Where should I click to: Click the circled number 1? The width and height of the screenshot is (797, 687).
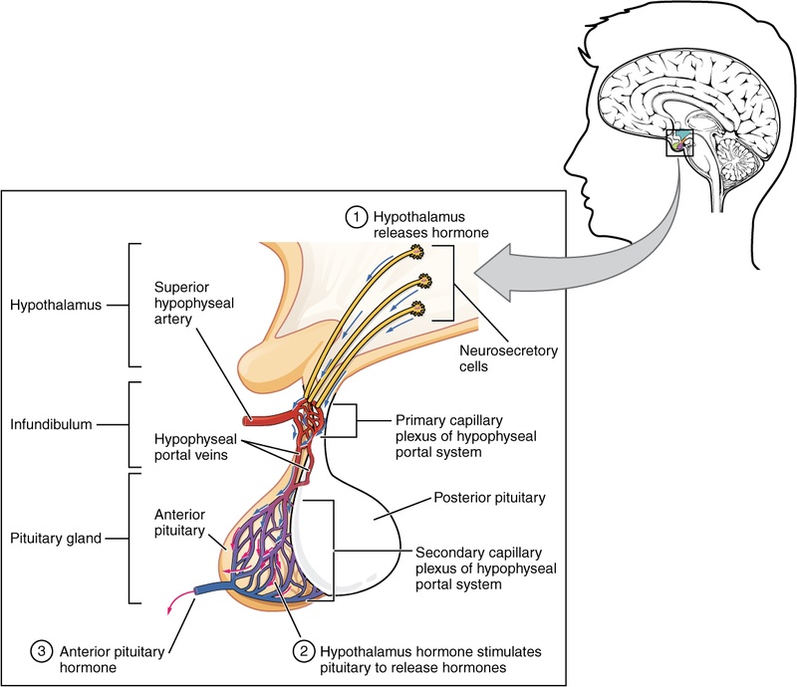(356, 216)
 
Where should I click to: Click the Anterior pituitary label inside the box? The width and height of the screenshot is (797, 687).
(180, 523)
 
